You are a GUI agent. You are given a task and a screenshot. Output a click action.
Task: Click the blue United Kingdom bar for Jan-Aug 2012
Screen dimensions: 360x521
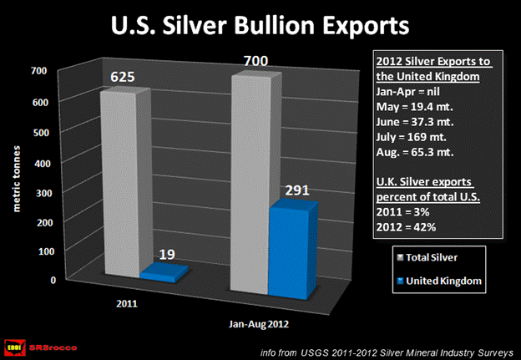tap(292, 251)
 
